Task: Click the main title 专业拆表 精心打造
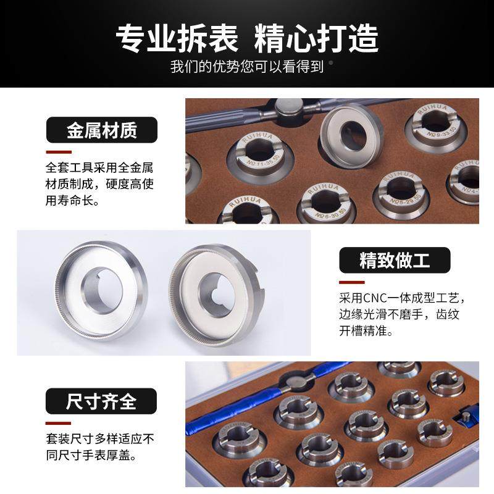click(x=247, y=38)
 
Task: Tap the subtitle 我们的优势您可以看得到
click(x=247, y=67)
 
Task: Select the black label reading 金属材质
click(x=102, y=130)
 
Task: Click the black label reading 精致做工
click(x=395, y=260)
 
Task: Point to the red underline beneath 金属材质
click(x=59, y=152)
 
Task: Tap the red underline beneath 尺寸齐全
click(x=59, y=423)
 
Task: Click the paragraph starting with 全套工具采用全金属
click(x=99, y=184)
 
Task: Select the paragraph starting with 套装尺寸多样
click(x=99, y=448)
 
